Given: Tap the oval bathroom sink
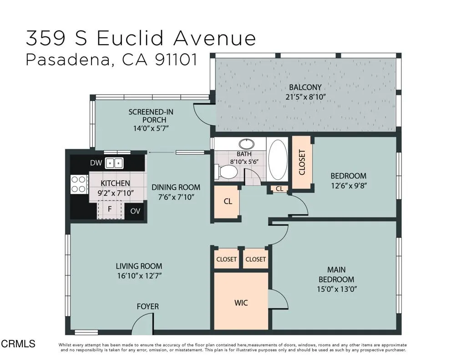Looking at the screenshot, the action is (x=247, y=144).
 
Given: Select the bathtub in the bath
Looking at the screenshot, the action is (x=278, y=160).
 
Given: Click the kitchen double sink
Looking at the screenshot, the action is (x=114, y=163).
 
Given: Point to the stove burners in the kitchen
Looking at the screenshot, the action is (x=79, y=184).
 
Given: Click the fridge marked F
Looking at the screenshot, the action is (x=110, y=209).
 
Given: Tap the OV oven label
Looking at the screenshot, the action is (x=135, y=211).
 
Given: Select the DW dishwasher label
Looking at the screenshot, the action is (x=96, y=163).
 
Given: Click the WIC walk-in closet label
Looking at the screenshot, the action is (x=241, y=303).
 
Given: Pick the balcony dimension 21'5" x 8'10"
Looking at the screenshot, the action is (x=306, y=97).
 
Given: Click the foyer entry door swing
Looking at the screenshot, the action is (x=142, y=325).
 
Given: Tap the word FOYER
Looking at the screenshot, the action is (x=148, y=306).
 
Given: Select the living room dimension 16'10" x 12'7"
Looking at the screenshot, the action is (x=139, y=276).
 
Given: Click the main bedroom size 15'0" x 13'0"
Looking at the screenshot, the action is (x=337, y=289).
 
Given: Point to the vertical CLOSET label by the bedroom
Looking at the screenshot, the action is (x=302, y=162).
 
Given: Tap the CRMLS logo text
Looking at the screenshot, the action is (x=18, y=344).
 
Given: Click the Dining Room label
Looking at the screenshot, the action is (x=176, y=188).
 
